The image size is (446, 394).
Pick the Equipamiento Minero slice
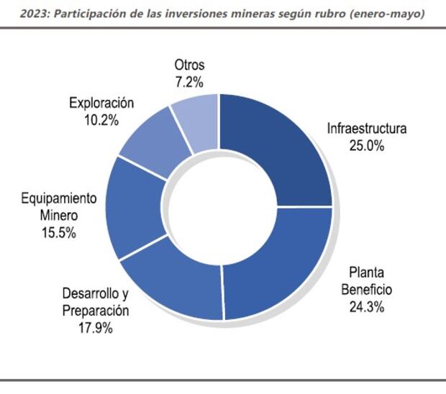tap(133, 209)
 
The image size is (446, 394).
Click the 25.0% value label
tap(367, 146)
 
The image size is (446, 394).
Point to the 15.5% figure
tap(58, 234)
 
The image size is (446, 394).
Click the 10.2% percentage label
tap(101, 120)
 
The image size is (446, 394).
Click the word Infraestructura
tap(367, 129)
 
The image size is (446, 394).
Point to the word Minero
tap(58, 216)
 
